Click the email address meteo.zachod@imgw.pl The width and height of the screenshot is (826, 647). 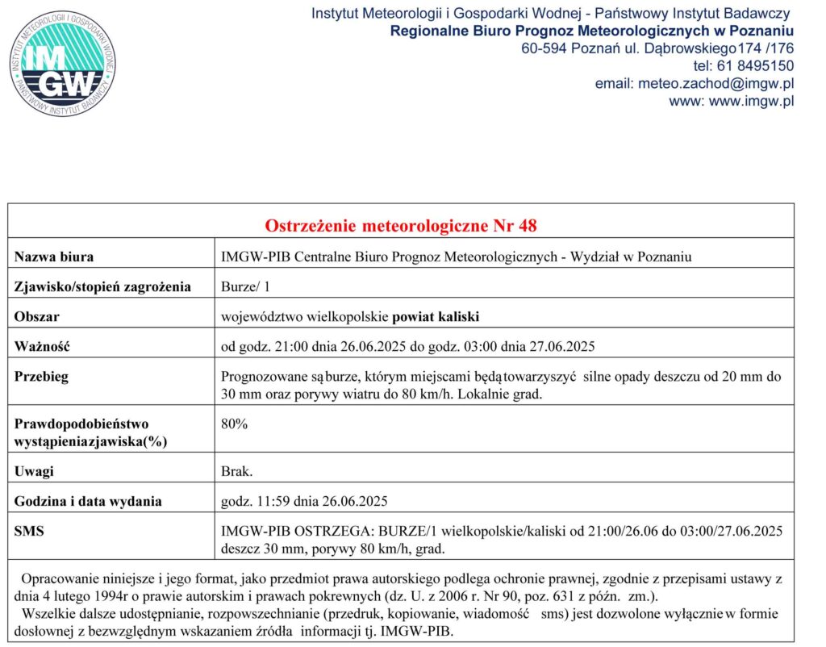click(695, 83)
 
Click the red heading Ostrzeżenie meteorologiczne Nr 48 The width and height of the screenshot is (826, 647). click(401, 225)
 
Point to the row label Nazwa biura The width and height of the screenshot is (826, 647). click(54, 257)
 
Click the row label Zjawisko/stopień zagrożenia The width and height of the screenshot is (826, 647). click(102, 286)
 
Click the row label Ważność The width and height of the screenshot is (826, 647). click(43, 347)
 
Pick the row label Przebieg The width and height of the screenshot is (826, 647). click(41, 377)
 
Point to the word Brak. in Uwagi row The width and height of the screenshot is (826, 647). click(237, 472)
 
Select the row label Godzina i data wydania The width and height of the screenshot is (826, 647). click(88, 501)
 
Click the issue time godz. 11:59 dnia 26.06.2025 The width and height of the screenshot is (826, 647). click(304, 501)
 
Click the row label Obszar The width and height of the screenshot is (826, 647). click(37, 316)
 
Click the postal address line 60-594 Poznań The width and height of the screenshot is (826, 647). click(657, 48)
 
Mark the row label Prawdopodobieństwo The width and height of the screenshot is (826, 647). click(81, 424)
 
